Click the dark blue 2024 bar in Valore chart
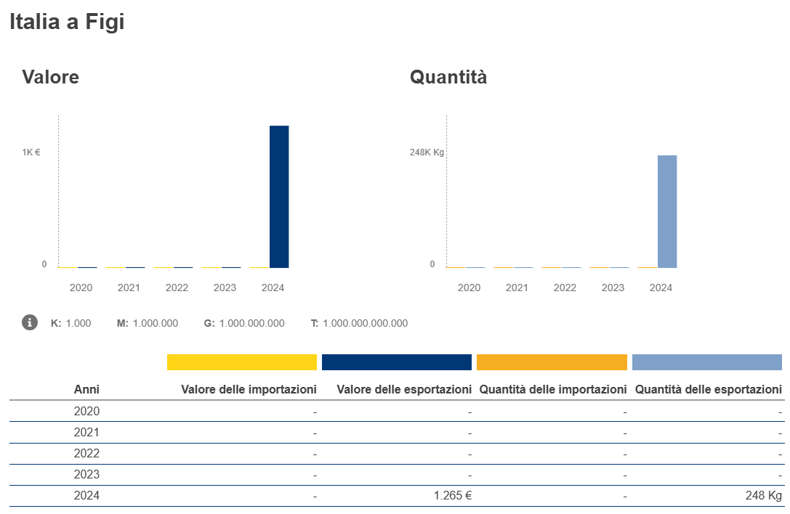279,197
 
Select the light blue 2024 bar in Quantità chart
667,211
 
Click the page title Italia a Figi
67,22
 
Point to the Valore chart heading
50,77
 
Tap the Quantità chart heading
448,77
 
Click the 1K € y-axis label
31,152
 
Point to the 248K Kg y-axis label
427,152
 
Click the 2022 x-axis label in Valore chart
177,287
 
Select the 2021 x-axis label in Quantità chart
517,287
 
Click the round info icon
30,322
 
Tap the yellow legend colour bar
242,362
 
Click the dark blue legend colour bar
397,362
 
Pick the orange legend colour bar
552,362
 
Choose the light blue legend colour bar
706,362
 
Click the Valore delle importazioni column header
249,390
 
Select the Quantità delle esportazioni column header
709,390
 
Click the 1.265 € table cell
454,496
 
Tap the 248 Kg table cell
764,496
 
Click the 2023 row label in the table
86,475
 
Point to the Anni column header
86,390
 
